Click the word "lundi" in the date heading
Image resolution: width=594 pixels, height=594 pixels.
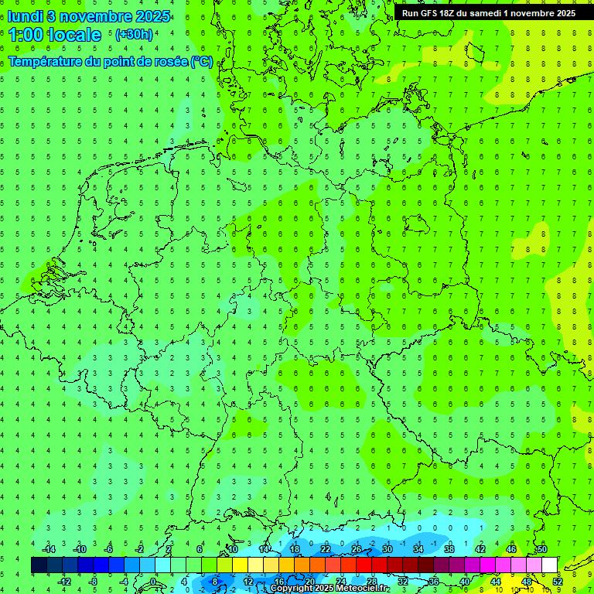pos(25,16)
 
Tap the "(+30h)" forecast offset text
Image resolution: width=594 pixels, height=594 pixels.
pos(134,35)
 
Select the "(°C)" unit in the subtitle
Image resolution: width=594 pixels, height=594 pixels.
pos(201,61)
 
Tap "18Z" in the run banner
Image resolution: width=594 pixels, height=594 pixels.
pos(448,13)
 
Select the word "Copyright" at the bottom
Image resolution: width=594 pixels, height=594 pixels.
pos(291,589)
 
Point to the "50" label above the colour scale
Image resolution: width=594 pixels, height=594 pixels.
pos(542,549)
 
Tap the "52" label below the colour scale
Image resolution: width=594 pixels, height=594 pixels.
pos(558,582)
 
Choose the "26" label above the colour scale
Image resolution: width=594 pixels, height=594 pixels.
pos(357,549)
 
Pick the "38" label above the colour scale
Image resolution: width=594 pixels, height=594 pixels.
pos(449,549)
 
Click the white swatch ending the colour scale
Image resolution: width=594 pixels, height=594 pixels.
pos(549,565)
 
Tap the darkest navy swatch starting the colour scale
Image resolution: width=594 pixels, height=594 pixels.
pos(39,565)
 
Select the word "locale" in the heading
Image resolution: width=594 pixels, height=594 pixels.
pos(77,35)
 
